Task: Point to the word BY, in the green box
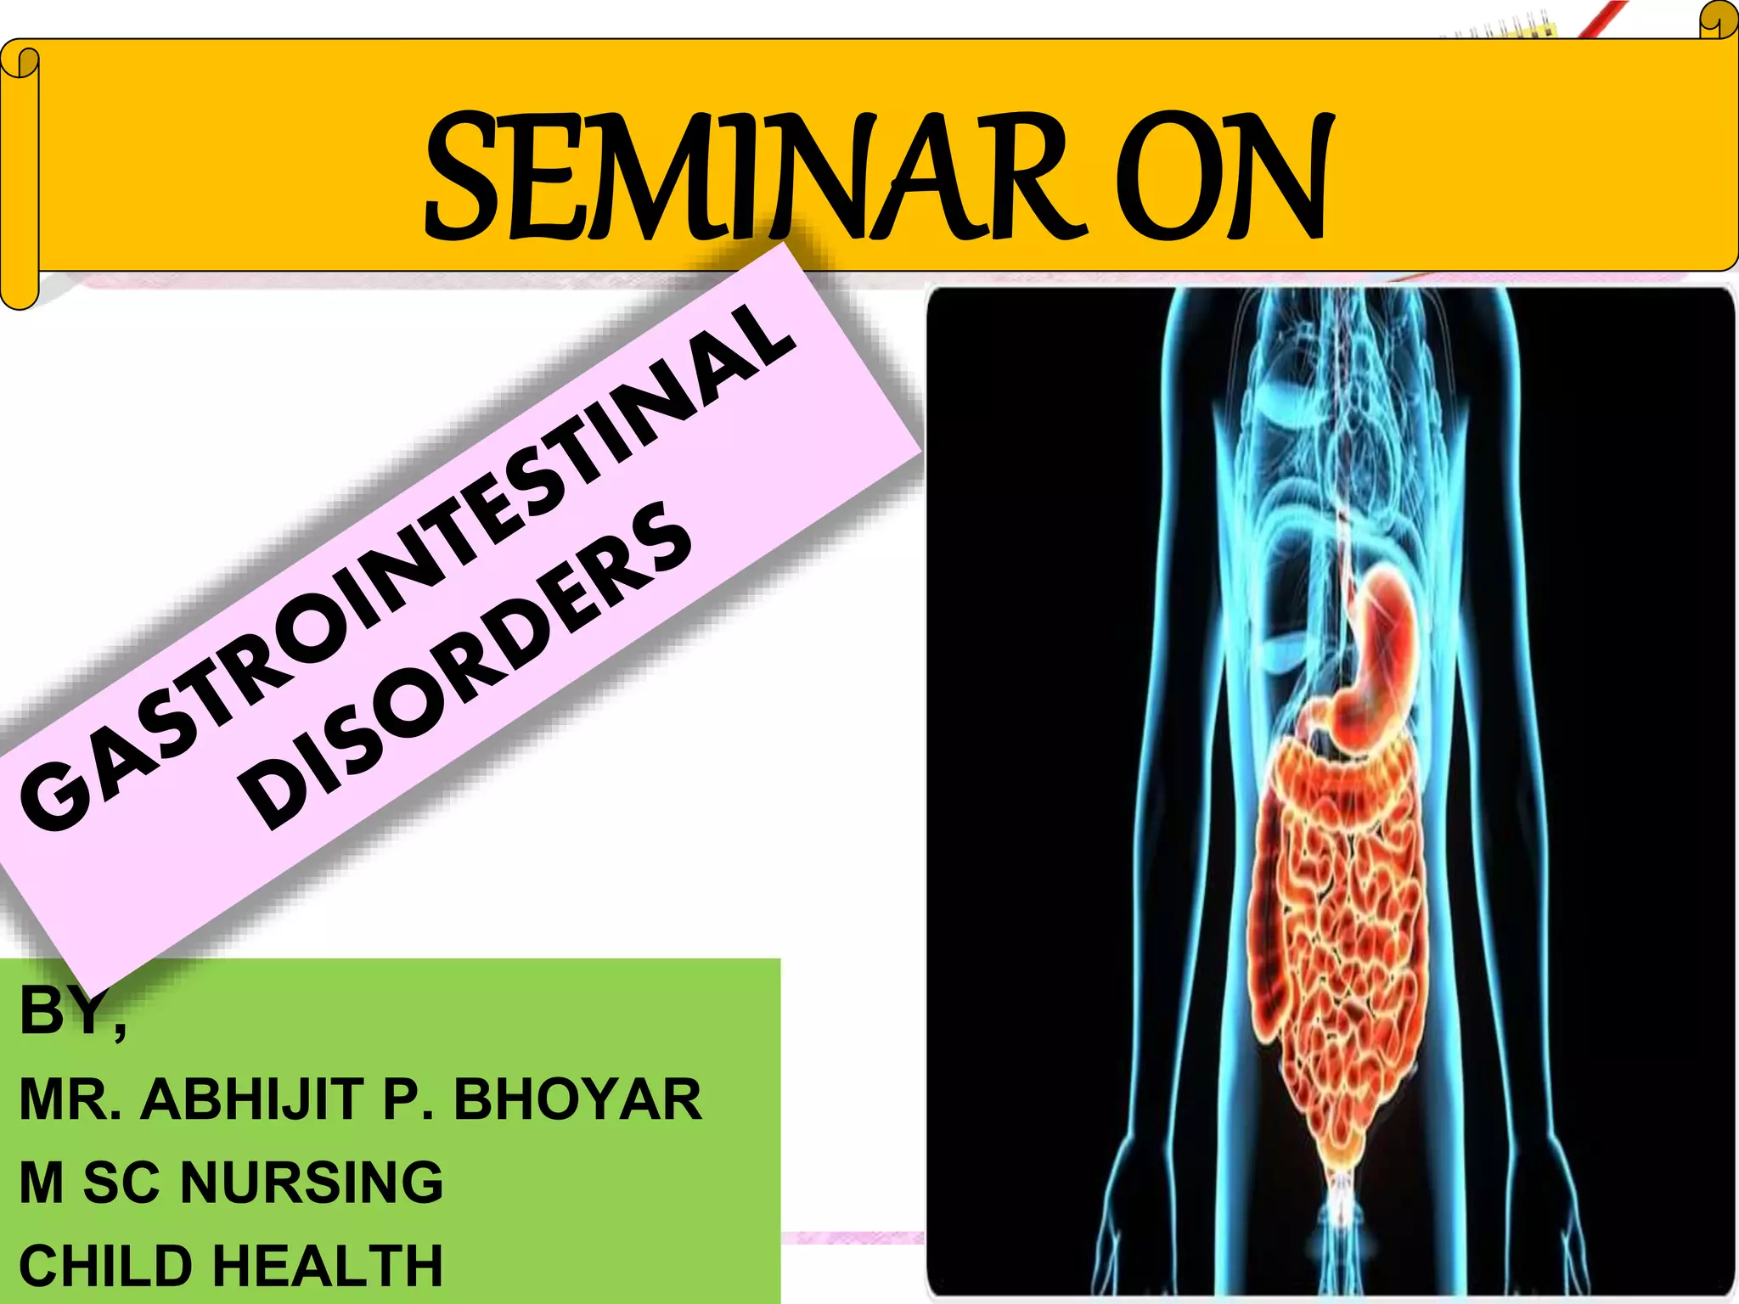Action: pos(72,1012)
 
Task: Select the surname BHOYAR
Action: pos(577,1100)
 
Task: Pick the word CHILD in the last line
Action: pos(105,1266)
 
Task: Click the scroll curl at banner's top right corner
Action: pos(1719,21)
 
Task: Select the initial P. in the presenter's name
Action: pos(408,1100)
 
